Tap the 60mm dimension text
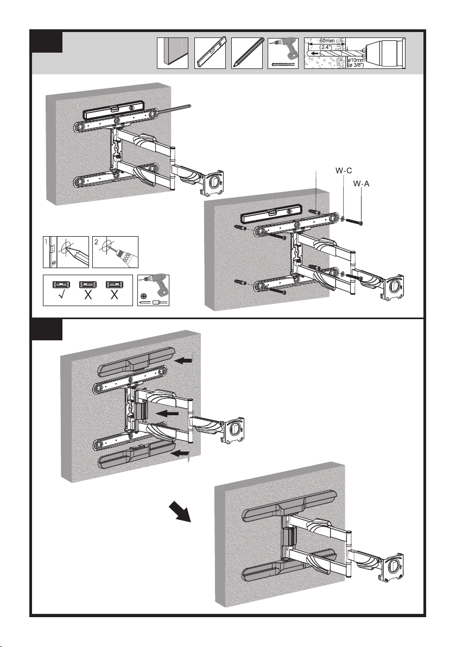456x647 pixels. (327, 41)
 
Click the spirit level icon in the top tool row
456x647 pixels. (210, 53)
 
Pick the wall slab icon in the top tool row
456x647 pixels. (172, 53)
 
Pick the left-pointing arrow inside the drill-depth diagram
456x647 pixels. (315, 54)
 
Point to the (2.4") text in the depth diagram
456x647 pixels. (326, 47)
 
